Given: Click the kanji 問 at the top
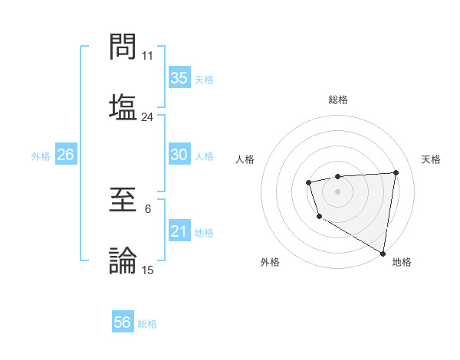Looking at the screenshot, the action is coord(123,47).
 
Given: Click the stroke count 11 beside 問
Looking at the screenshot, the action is coord(148,56).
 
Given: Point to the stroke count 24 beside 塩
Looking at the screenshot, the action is coord(148,116).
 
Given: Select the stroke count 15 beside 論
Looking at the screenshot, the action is coord(148,270).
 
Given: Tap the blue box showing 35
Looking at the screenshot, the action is coord(179,78).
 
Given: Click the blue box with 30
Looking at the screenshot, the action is coord(179,155).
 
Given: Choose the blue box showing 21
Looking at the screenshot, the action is coord(179,231).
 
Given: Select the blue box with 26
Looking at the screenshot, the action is coord(65,155).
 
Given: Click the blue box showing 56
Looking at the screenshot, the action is coord(122,322).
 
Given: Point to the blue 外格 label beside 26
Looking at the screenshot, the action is coord(41,156).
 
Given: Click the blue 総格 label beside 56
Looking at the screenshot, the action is coord(147,324).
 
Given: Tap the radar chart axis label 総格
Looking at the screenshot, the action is coord(338,100).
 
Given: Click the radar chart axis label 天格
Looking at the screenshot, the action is coord(431,159).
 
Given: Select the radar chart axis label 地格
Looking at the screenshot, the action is coord(402,263).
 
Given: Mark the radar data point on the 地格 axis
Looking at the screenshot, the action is coord(383,253).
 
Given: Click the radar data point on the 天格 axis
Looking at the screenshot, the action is coord(396,172).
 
